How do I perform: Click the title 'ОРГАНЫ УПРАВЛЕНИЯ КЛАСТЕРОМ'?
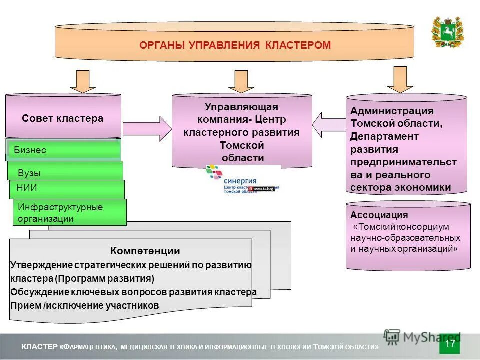click(x=234, y=45)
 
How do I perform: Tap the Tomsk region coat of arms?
click(x=447, y=32)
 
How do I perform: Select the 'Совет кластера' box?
click(x=63, y=118)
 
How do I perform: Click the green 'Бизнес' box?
click(x=64, y=150)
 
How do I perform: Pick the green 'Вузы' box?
click(x=65, y=172)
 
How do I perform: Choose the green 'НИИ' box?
click(x=67, y=189)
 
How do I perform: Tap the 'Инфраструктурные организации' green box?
click(x=70, y=212)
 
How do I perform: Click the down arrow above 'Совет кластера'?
click(x=82, y=81)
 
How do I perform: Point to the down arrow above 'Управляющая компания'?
click(x=241, y=81)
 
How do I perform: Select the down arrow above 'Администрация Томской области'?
click(x=400, y=79)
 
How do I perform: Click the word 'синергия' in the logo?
click(x=240, y=181)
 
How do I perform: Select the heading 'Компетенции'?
click(x=145, y=251)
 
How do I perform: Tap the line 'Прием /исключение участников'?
click(x=84, y=305)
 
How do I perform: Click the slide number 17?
click(x=450, y=344)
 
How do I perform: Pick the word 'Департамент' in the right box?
click(x=384, y=136)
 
